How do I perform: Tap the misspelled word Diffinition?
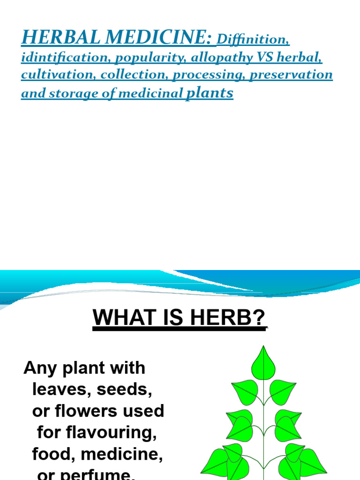point(253,39)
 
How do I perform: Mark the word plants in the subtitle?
point(210,93)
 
